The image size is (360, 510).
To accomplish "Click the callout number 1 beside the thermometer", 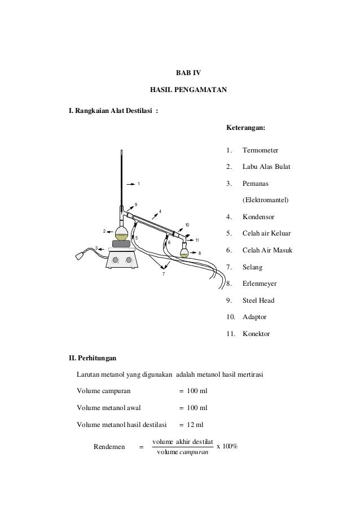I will (138, 184).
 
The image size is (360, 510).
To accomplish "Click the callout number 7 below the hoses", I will (163, 274).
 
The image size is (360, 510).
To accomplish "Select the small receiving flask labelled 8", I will (185, 252).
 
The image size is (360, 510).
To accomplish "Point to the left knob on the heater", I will (117, 260).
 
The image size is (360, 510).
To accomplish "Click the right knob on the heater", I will (129, 260).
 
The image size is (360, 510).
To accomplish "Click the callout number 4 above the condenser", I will (160, 212).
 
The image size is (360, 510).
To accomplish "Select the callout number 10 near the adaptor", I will (187, 225).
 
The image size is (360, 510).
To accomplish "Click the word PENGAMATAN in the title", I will (201, 89).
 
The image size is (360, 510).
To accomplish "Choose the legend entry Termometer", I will (264, 151).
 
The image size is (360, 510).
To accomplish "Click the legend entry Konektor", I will (256, 334).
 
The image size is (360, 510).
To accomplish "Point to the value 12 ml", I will (195, 424).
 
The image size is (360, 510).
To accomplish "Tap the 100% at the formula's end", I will (230, 446).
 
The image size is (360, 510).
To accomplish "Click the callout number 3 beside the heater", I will (96, 248).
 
